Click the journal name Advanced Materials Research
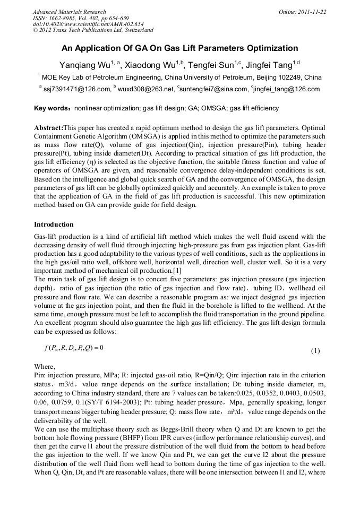pyautogui.click(x=69, y=12)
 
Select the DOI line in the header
pyautogui.click(x=88, y=24)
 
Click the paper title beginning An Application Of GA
pyautogui.click(x=180, y=48)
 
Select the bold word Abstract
pyautogui.click(x=48, y=128)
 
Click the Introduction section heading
pyautogui.click(x=54, y=225)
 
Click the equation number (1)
pyautogui.click(x=315, y=351)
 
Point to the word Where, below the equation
pyautogui.click(x=45, y=366)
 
